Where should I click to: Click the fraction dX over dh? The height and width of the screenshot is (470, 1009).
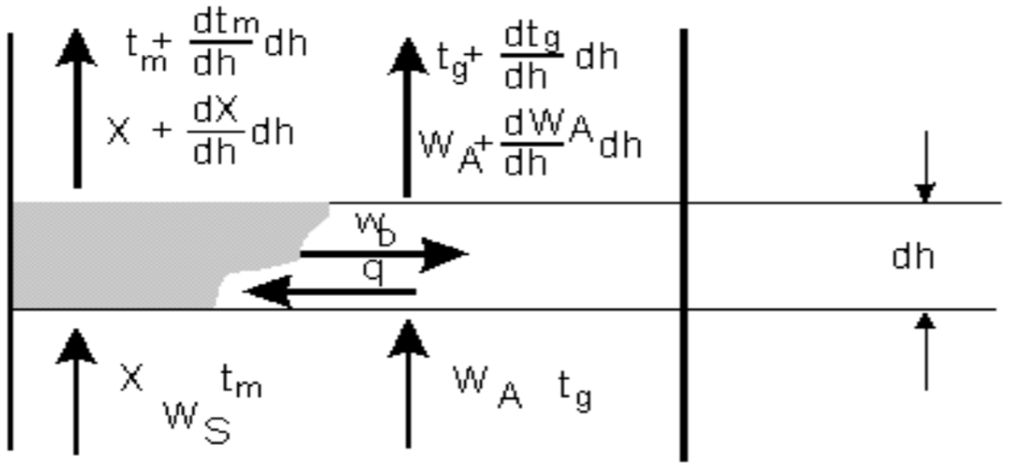point(215,131)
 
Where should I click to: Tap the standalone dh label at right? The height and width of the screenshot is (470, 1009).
point(913,257)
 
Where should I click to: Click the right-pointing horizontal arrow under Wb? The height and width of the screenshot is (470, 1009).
point(384,254)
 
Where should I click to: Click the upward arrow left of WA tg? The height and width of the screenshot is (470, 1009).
point(408,383)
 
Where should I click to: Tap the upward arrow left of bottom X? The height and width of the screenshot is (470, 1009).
point(76,390)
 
